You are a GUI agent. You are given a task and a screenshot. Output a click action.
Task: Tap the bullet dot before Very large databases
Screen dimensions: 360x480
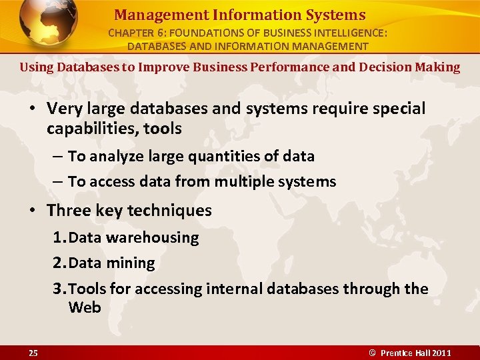(x=32, y=109)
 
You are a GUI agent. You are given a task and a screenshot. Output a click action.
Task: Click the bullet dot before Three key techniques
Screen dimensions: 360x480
(x=32, y=211)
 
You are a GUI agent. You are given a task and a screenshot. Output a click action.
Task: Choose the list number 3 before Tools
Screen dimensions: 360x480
(x=57, y=289)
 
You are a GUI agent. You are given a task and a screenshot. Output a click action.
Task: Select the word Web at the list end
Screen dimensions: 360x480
(x=84, y=307)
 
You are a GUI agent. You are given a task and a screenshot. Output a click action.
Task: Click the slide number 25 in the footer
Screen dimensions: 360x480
(x=33, y=353)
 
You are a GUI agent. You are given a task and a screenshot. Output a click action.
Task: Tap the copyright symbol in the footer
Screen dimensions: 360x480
(x=373, y=353)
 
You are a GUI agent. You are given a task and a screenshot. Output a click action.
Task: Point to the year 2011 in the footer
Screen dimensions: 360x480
(x=441, y=353)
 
